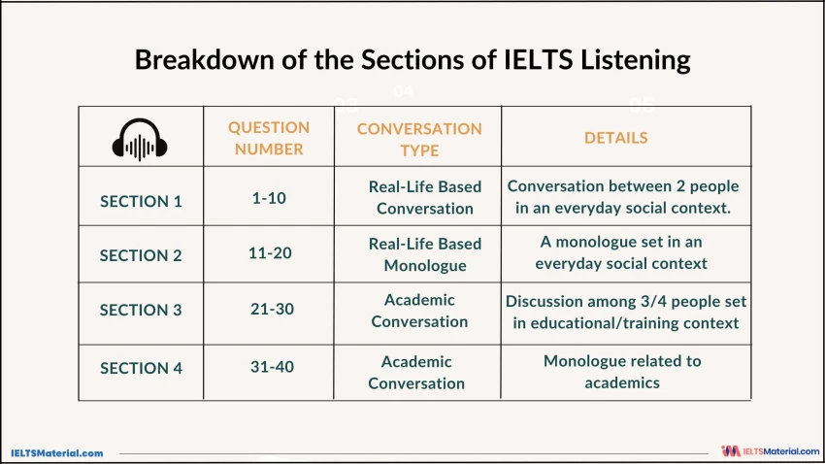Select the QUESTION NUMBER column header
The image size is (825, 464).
(269, 138)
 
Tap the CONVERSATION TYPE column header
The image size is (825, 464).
(419, 139)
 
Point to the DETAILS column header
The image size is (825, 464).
(615, 138)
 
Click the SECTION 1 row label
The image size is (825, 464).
(141, 201)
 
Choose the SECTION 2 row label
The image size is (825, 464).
(141, 255)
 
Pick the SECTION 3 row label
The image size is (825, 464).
(141, 311)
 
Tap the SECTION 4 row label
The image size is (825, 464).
(141, 368)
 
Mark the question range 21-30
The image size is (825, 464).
(271, 308)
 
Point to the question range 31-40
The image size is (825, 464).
(271, 366)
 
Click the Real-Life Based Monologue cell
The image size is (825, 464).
(425, 254)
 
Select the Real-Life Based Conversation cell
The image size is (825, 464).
(425, 197)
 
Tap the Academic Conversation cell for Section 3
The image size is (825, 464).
(419, 311)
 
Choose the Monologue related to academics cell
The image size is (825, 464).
(622, 372)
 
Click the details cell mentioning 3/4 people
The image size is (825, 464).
(626, 313)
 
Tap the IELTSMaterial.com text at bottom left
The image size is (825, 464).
(56, 452)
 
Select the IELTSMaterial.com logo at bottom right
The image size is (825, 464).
(771, 451)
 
